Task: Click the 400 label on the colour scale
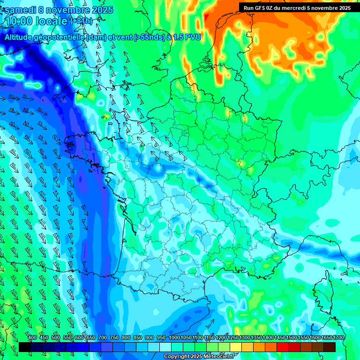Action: coord(32,338)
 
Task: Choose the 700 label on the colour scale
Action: coord(103,338)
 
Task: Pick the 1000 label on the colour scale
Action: coord(174,338)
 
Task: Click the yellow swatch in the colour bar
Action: coord(236,347)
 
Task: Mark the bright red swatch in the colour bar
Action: coord(283,347)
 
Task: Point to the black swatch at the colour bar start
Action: coord(25,347)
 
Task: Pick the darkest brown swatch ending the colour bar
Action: coord(330,347)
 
